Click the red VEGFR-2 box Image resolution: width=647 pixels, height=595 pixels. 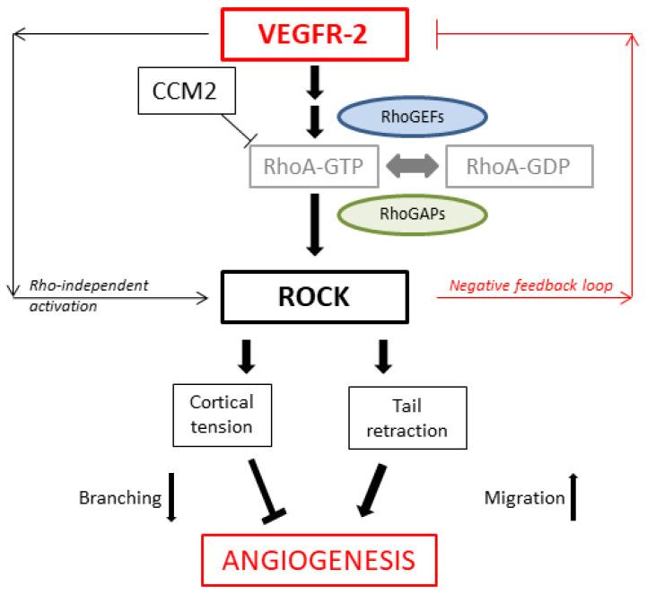click(319, 33)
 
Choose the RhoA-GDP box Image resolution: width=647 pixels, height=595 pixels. click(517, 165)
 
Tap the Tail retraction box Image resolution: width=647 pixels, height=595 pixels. click(407, 418)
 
